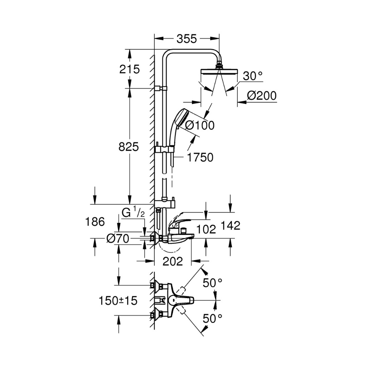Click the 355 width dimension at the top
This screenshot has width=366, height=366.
point(187,39)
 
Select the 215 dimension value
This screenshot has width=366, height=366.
point(129,69)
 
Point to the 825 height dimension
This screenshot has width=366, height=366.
point(129,147)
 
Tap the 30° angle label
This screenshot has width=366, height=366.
point(253,76)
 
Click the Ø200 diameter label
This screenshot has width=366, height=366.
point(262,96)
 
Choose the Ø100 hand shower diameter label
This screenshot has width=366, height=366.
point(199,125)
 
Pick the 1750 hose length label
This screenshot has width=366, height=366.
point(200,158)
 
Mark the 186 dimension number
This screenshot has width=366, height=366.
point(95,222)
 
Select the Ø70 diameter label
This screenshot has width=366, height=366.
point(118,239)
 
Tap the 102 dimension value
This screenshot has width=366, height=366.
point(206,229)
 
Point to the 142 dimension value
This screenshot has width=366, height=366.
point(231,226)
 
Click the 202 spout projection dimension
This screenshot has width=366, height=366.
point(173,261)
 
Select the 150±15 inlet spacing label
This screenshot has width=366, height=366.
point(118,301)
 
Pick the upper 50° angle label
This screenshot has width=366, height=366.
point(212,283)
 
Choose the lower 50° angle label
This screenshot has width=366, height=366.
point(212,318)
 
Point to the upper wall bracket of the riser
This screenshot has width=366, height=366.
point(161,88)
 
